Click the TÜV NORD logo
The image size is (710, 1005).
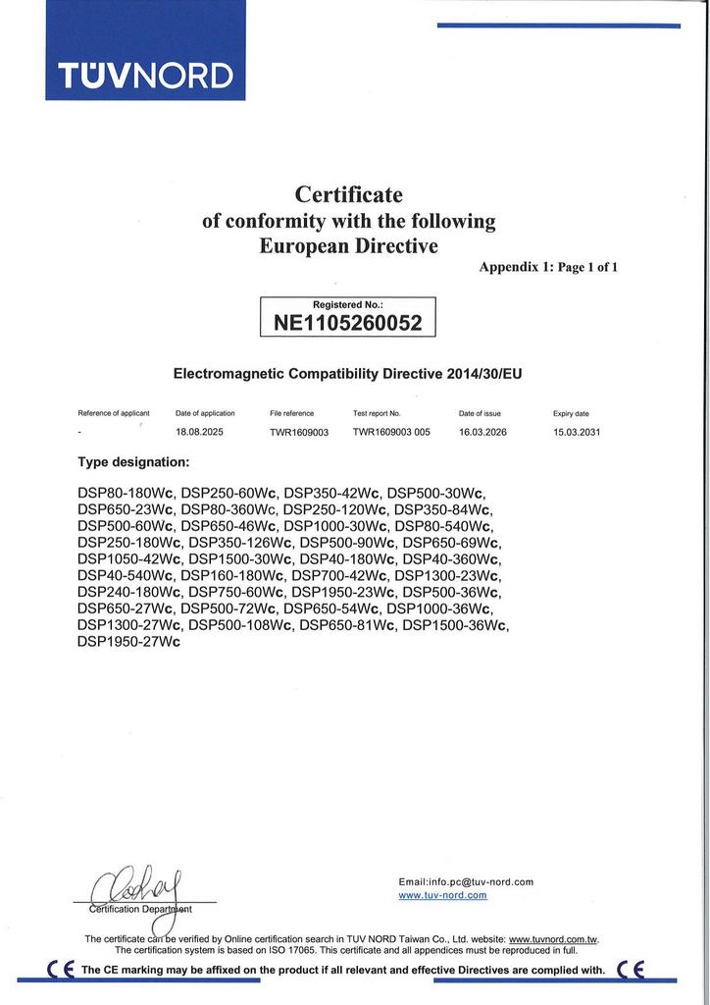(x=145, y=76)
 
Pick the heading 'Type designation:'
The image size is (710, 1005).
(x=133, y=461)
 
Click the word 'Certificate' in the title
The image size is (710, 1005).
(x=349, y=195)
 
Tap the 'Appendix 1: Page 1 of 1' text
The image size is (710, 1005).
(x=548, y=267)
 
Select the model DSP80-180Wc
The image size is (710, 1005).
(x=127, y=492)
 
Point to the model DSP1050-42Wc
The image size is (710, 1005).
(x=129, y=558)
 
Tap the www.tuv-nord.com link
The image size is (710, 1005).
(x=442, y=895)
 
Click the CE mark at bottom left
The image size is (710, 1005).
(x=61, y=970)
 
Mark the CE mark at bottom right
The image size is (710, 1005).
(x=631, y=970)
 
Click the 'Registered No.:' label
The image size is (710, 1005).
(x=348, y=305)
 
